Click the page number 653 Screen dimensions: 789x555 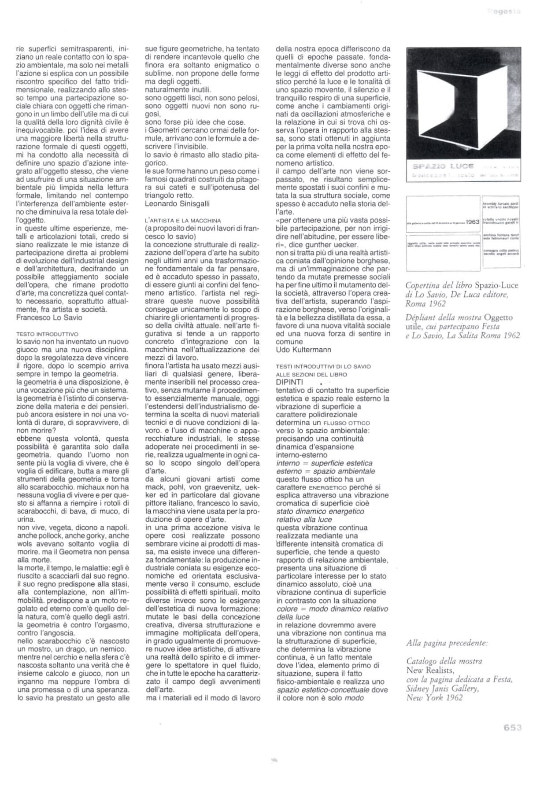coord(513,728)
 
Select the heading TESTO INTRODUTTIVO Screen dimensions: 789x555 coord(47,334)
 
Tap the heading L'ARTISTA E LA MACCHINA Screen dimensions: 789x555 coord(183,220)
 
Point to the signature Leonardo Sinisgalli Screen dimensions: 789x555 coord(177,203)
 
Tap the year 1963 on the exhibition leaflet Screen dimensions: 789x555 coord(472,221)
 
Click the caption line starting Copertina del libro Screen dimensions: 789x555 coord(461,285)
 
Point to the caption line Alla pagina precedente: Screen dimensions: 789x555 coord(447,643)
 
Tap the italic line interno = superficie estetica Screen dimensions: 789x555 coord(324,463)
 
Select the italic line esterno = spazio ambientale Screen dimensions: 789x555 coord(326,471)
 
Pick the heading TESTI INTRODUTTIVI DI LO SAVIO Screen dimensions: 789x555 coord(323,366)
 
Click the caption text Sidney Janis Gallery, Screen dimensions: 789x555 coord(442,689)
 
